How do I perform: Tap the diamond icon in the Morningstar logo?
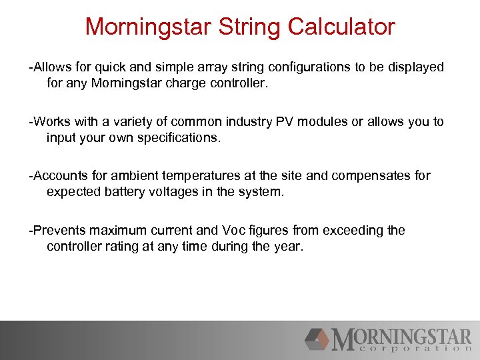point(317,339)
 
